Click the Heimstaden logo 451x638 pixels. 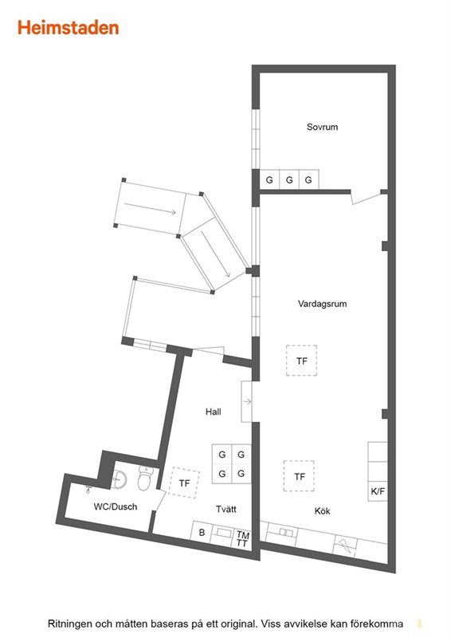tap(69, 28)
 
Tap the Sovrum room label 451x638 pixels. tap(322, 127)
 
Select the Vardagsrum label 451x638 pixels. tap(322, 304)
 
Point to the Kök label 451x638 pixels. tap(322, 511)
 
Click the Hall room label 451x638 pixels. tap(213, 412)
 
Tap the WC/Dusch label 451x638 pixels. tap(116, 506)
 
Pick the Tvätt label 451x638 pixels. tap(226, 509)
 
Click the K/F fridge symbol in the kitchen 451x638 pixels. tap(378, 491)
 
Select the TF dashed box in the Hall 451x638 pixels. tap(185, 482)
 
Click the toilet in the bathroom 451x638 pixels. tap(145, 478)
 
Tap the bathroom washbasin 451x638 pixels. tap(120, 479)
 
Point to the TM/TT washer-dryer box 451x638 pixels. tap(243, 539)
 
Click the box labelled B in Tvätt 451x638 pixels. tap(202, 532)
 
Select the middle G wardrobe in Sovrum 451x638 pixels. tap(289, 179)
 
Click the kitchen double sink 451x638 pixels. tap(286, 532)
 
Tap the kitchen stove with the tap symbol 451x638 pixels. tap(345, 545)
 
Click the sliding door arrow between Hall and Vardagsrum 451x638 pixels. tap(247, 402)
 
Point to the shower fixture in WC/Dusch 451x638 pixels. tap(89, 488)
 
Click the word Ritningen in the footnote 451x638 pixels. tap(69, 624)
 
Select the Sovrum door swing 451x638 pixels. tap(368, 198)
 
